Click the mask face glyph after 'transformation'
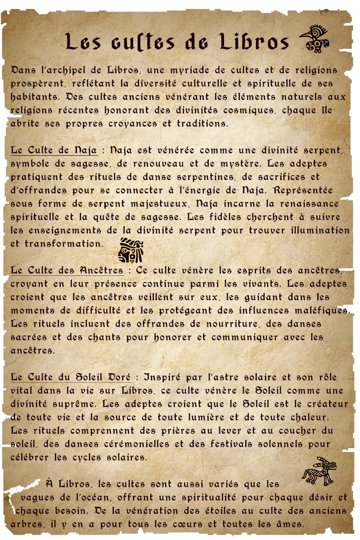coord(131,250)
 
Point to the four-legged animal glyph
coord(319,471)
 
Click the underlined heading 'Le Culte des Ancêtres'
coord(67,270)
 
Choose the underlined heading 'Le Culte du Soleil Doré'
coord(71,377)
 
